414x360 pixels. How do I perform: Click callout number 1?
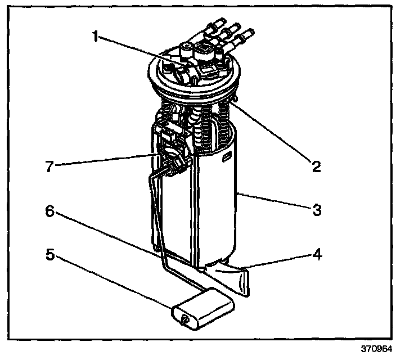(x=96, y=37)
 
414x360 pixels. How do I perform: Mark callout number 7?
(x=49, y=167)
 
